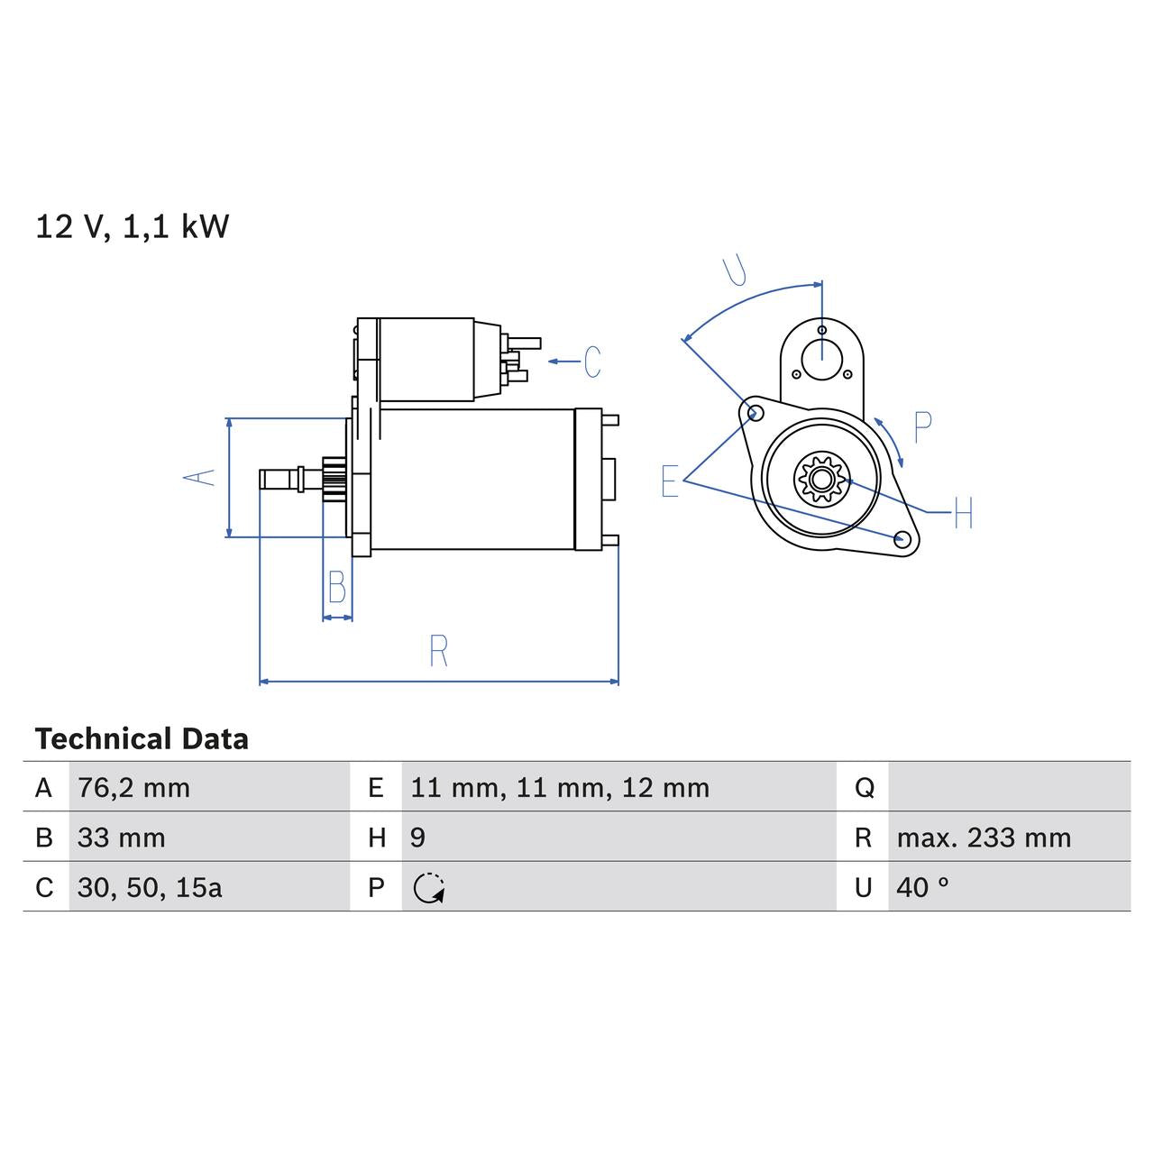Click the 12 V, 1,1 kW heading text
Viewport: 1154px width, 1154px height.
(x=133, y=226)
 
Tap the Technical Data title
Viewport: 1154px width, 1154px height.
(x=142, y=739)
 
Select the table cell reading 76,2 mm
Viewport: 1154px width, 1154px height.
(x=133, y=788)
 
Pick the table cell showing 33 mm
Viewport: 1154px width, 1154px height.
(x=121, y=838)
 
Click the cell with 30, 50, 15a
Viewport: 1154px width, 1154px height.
(x=150, y=888)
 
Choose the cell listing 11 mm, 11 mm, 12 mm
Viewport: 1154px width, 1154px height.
(x=559, y=788)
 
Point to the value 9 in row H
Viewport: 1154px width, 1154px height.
(x=417, y=838)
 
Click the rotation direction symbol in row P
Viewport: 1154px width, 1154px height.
(x=429, y=888)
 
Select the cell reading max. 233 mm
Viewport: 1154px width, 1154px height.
(x=983, y=838)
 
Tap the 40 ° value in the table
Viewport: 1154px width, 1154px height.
(x=922, y=888)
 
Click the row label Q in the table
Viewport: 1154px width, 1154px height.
(x=864, y=788)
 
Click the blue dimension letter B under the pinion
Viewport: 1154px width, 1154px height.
(x=337, y=588)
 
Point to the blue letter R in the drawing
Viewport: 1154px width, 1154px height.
(x=438, y=651)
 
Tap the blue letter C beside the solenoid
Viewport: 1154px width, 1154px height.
(x=592, y=362)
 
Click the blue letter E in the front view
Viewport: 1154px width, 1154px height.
(x=669, y=481)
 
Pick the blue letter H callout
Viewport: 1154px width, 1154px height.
(x=963, y=514)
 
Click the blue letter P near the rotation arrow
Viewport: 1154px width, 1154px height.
(x=922, y=427)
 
